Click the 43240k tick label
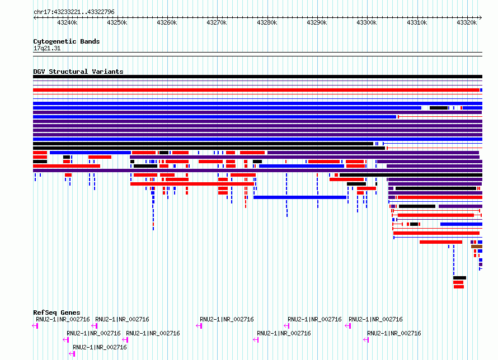click(x=67, y=22)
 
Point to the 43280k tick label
click(x=267, y=22)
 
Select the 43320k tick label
click(x=467, y=22)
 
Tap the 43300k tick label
click(x=367, y=22)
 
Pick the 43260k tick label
click(x=167, y=22)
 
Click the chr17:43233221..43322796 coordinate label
click(x=74, y=12)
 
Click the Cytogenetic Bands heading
click(x=67, y=41)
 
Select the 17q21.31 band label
click(x=47, y=48)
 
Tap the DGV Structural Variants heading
click(x=78, y=72)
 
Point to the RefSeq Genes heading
click(x=57, y=312)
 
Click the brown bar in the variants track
click(x=477, y=247)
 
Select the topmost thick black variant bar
click(x=257, y=77)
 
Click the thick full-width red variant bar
click(x=256, y=90)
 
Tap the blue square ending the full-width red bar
click(x=481, y=90)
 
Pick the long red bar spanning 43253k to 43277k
click(x=192, y=184)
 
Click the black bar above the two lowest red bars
click(x=459, y=278)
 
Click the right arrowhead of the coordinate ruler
click(x=481, y=18)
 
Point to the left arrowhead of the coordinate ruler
click(x=35, y=18)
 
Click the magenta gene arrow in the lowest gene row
click(x=72, y=354)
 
